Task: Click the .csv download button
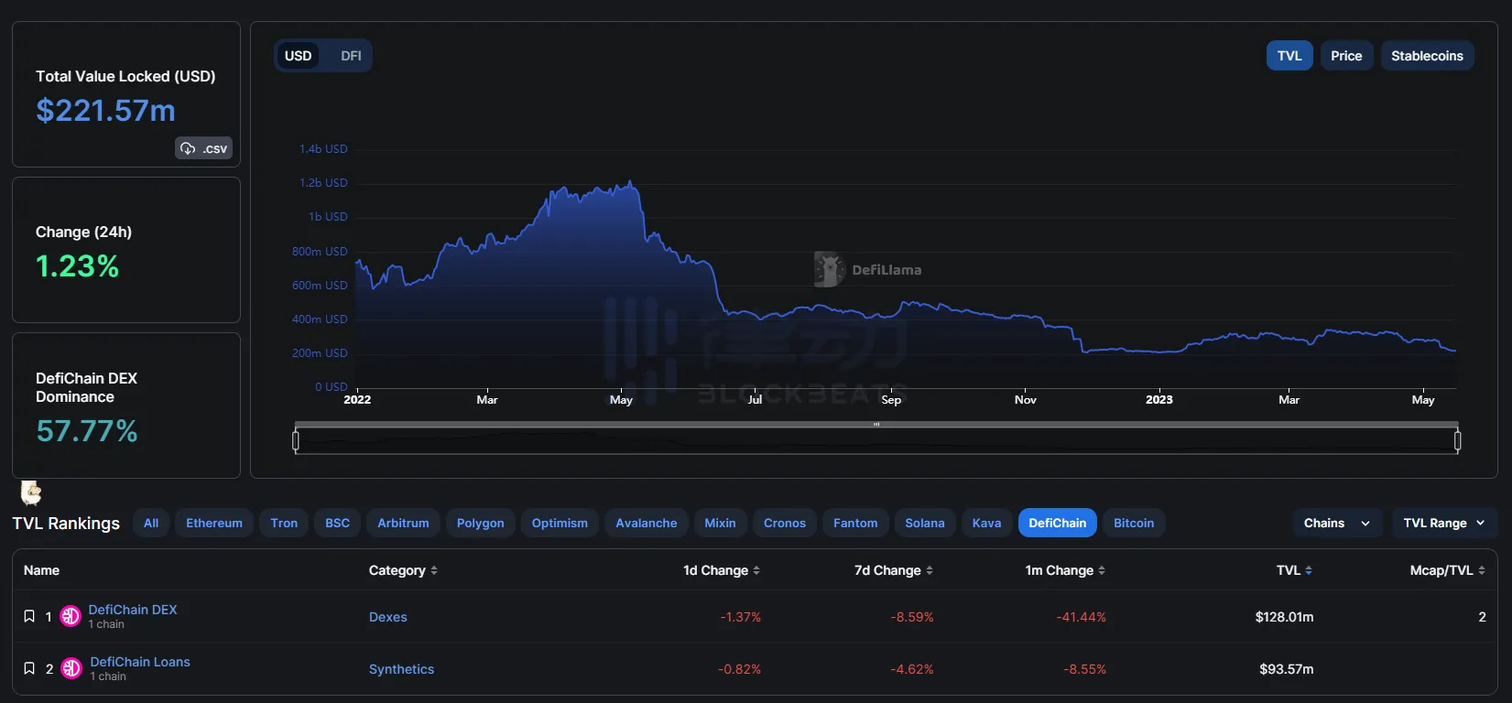pos(203,148)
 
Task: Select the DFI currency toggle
pos(351,56)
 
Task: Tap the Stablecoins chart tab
pos(1427,56)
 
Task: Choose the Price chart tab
pos(1346,56)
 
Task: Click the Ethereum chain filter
pos(214,524)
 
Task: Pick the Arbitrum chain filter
pos(403,524)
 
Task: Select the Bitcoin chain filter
pos(1134,524)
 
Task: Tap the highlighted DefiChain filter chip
pos(1057,524)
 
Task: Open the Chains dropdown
pos(1337,524)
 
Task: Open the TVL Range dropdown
pos(1444,524)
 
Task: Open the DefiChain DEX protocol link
pos(133,610)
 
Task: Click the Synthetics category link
pos(401,669)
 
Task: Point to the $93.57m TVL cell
pos(1286,669)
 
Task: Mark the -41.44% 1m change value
pos(1082,617)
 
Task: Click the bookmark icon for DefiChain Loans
pos(29,668)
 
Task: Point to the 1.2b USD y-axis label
pos(323,183)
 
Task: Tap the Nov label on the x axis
pos(1026,400)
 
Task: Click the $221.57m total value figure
pos(105,111)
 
